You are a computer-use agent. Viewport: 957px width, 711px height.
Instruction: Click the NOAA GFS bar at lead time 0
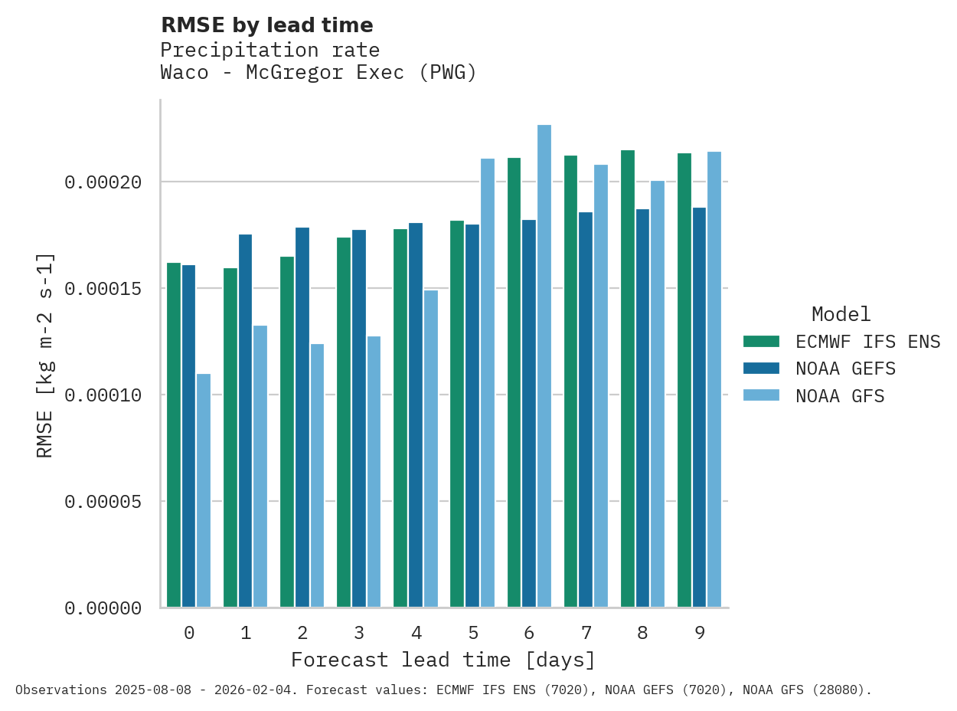(204, 490)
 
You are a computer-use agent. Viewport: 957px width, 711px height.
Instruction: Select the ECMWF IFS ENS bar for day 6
(514, 383)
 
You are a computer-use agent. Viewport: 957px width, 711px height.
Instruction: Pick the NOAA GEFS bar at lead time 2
(302, 418)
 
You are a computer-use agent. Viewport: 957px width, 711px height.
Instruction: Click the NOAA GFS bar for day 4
(431, 449)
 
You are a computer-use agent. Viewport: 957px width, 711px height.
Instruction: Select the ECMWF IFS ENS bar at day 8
(628, 379)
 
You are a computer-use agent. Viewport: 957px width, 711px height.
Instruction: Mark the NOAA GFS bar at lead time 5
(488, 383)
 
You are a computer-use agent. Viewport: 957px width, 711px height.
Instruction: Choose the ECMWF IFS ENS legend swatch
(761, 342)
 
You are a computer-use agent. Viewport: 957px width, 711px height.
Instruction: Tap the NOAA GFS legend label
(840, 396)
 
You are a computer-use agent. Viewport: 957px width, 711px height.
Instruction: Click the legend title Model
(841, 314)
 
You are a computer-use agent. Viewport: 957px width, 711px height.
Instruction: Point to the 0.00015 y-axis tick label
(103, 289)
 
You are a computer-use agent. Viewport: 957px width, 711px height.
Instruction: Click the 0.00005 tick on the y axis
(103, 502)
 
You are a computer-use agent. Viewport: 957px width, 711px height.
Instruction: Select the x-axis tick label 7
(586, 633)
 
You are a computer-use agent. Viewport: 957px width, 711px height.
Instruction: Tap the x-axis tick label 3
(359, 633)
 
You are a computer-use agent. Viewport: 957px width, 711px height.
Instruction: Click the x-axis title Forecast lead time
(443, 660)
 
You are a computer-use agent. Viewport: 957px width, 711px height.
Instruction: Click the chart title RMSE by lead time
(267, 25)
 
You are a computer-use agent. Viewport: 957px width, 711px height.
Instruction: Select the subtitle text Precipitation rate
(270, 51)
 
